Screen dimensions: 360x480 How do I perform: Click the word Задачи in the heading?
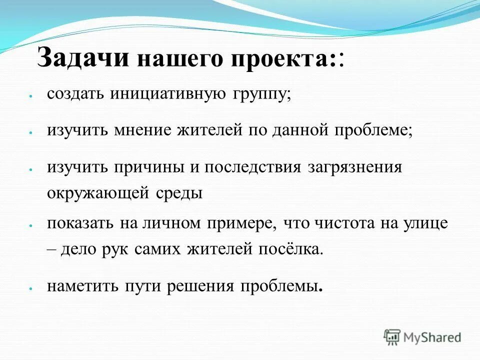(83, 59)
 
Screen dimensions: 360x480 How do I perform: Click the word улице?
(426, 224)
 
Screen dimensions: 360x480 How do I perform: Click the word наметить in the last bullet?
(82, 286)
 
